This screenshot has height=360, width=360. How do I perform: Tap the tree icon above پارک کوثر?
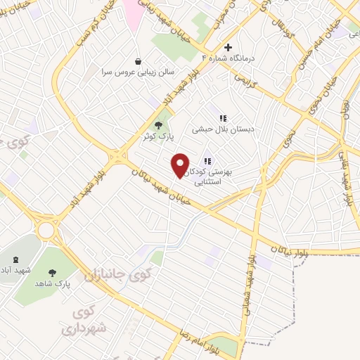(x=167, y=124)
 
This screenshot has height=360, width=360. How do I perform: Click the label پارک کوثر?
(x=159, y=136)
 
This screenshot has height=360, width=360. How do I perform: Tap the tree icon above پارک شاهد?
(x=53, y=270)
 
